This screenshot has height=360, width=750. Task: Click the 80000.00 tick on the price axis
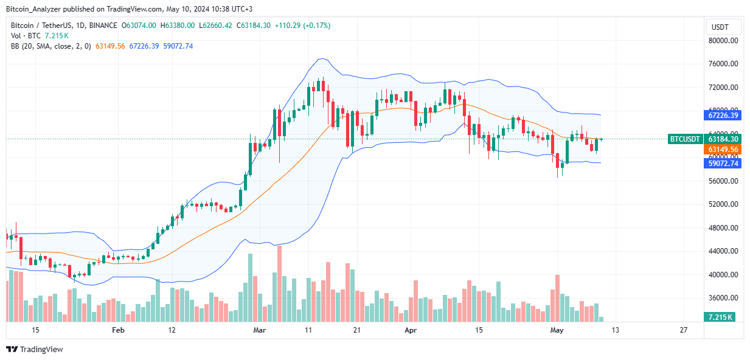click(x=723, y=41)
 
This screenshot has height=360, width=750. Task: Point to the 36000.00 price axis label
click(x=723, y=298)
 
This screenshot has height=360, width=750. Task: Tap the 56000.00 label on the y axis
click(x=723, y=181)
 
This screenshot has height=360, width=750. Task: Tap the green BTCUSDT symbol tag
click(x=685, y=139)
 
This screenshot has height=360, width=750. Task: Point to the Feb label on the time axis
click(x=119, y=330)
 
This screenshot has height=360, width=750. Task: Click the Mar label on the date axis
click(x=259, y=330)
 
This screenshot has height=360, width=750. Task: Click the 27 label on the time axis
click(x=683, y=330)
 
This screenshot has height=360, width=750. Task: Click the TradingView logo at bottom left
click(x=35, y=349)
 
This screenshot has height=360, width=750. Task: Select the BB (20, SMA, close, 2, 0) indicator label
click(x=51, y=46)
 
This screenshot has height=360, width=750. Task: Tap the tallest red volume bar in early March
click(x=279, y=283)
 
